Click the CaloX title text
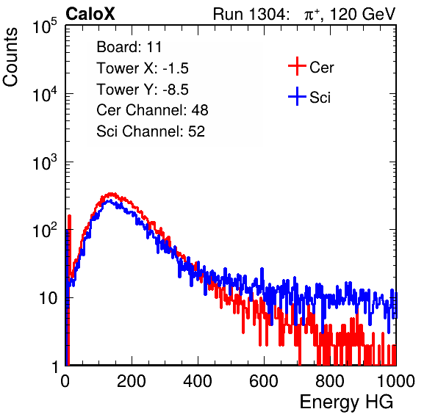[90, 14]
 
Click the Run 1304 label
[250, 14]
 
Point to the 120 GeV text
[363, 14]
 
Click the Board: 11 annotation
[129, 47]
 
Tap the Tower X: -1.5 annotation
[143, 68]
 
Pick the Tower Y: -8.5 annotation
[143, 90]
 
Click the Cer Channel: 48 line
[152, 110]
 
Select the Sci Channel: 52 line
[151, 131]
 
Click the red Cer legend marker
[297, 66]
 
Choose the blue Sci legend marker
[297, 96]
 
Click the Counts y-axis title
[10, 57]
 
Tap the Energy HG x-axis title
[346, 402]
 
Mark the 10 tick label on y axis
[48, 298]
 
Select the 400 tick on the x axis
[198, 381]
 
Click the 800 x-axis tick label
[330, 381]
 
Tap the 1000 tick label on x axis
[396, 381]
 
